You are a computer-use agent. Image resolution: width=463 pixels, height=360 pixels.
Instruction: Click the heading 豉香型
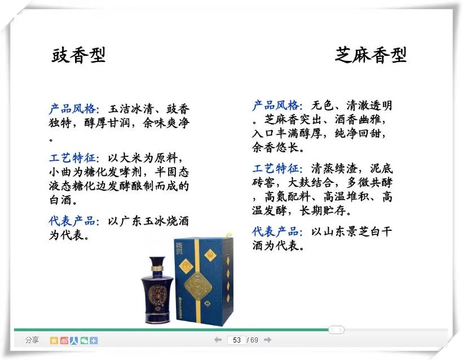[78, 55]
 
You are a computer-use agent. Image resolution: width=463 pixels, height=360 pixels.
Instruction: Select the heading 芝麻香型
[371, 55]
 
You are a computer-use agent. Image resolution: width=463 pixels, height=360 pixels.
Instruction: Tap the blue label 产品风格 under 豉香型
[72, 109]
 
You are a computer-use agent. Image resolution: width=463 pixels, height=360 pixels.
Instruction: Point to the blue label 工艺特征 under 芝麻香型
[276, 169]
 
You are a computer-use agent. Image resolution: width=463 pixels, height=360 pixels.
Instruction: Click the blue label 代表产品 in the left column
[72, 221]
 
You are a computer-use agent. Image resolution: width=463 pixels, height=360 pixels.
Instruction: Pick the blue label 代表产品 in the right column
[276, 231]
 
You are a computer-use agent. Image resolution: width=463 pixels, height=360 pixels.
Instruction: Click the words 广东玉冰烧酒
[154, 221]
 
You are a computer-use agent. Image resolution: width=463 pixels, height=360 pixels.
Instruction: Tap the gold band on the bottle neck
[157, 269]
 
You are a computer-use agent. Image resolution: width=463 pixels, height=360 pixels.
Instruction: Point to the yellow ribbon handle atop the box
[227, 236]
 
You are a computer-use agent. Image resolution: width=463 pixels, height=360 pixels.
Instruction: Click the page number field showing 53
[236, 340]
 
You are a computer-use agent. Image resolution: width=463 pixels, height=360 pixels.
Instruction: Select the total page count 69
[254, 340]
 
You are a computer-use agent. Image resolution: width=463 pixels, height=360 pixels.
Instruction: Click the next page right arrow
[267, 340]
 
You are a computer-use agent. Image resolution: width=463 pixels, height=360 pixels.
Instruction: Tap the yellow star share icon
[54, 340]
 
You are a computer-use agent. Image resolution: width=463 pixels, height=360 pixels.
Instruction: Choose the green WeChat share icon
[84, 340]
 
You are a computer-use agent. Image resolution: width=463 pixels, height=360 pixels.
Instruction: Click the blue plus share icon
[94, 340]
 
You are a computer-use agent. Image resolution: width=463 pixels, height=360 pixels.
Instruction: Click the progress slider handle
[336, 330]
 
